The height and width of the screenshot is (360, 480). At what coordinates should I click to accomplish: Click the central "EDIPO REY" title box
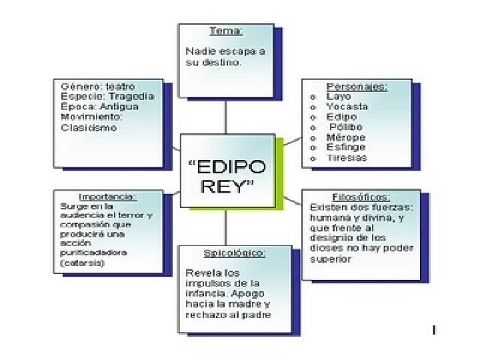227,175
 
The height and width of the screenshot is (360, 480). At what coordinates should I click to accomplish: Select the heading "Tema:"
225,31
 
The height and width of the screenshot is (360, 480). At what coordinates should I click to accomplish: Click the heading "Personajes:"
357,87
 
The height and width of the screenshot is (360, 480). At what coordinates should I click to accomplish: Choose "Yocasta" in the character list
347,107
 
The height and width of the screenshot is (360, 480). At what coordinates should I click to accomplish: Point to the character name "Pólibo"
346,127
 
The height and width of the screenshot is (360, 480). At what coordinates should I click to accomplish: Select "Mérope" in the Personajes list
345,137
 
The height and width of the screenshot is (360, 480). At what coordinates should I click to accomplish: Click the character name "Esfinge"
346,147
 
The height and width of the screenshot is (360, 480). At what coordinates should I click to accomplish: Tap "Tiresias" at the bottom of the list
347,158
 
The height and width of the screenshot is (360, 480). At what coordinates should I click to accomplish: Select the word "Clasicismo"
89,127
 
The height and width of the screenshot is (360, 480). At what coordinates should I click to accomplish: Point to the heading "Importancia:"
107,197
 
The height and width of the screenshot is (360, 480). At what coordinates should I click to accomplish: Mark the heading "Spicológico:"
234,253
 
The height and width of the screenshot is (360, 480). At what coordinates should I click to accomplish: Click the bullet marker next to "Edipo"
313,117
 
